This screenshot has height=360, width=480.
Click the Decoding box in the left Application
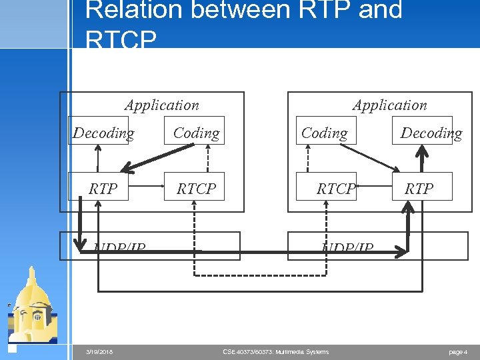(x=103, y=133)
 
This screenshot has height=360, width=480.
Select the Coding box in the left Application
(x=196, y=133)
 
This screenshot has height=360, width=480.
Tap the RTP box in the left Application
(x=102, y=188)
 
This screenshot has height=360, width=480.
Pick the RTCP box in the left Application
(x=196, y=188)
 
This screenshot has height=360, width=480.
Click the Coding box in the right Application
(x=324, y=133)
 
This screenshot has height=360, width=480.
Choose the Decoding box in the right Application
(x=431, y=133)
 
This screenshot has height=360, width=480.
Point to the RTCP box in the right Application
(x=335, y=188)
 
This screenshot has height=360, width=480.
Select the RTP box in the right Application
(x=419, y=188)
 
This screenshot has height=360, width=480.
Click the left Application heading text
(x=161, y=105)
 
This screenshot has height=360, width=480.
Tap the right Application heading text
(x=389, y=105)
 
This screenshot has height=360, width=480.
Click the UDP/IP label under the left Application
(x=120, y=249)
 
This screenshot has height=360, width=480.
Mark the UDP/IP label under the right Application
(x=347, y=249)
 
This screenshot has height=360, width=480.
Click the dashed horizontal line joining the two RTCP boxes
(x=260, y=275)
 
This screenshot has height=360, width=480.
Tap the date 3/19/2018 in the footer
(x=99, y=352)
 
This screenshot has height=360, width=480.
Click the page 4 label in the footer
(x=457, y=352)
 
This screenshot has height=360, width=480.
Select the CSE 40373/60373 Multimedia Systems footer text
(x=275, y=352)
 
